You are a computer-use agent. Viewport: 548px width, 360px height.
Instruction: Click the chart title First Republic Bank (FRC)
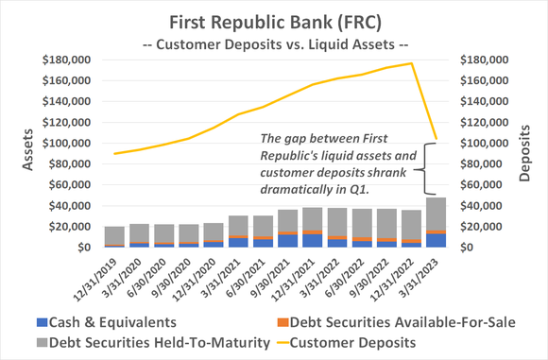click(273, 20)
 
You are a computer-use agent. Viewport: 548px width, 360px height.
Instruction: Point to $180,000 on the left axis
click(65, 60)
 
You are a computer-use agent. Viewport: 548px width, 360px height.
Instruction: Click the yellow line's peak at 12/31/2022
click(412, 63)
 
